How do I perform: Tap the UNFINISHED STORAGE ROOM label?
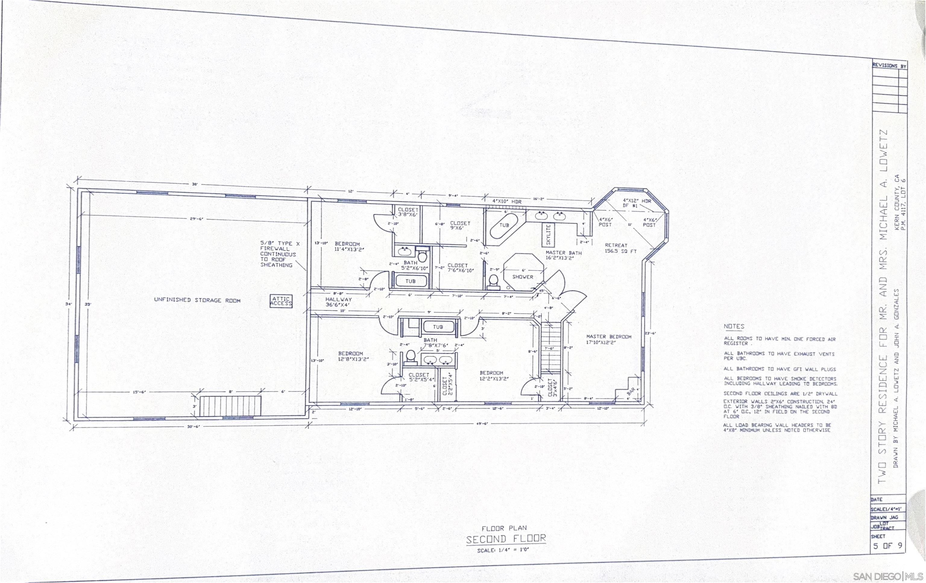197,300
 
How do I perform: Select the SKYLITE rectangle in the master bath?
548,234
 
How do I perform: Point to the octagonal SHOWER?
523,272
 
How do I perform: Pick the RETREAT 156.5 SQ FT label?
620,248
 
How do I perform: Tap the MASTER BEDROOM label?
609,339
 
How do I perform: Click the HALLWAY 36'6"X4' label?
338,302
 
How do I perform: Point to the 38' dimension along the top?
195,184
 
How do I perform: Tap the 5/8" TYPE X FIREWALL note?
279,254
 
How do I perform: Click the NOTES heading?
734,326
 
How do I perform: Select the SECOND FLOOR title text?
506,538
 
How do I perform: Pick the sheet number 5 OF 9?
887,546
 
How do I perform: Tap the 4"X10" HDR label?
507,201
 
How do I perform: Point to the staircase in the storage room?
230,406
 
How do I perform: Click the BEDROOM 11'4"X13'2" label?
349,246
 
